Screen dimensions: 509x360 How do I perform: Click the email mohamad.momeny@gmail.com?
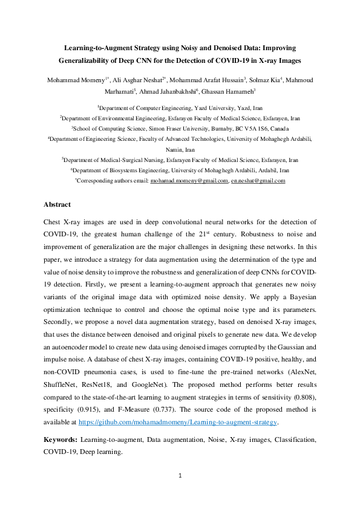(189, 181)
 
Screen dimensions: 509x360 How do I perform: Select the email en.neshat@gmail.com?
(258, 181)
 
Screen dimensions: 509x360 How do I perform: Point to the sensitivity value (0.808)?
(303, 399)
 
